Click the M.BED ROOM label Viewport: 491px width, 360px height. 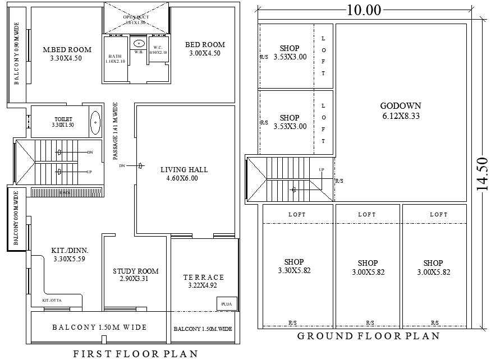(x=66, y=49)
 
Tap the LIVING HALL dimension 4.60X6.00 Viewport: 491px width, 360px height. (x=183, y=179)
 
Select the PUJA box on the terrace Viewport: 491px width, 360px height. (x=226, y=304)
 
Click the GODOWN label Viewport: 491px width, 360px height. (x=400, y=106)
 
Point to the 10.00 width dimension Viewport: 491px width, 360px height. (x=364, y=10)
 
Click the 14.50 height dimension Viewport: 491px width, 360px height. (x=482, y=174)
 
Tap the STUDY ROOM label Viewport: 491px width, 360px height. (x=135, y=271)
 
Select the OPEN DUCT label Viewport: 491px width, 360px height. (x=135, y=17)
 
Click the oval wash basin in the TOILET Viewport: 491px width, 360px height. (x=95, y=122)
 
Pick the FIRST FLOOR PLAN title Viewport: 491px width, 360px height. (x=135, y=353)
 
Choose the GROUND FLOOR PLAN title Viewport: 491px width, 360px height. (x=368, y=336)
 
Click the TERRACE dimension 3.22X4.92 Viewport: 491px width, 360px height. (x=203, y=285)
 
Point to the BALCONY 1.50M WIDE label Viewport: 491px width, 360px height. (x=99, y=327)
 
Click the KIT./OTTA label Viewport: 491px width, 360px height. (x=53, y=301)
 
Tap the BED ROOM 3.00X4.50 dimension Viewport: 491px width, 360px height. (x=205, y=53)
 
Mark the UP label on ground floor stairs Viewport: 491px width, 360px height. (x=321, y=169)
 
